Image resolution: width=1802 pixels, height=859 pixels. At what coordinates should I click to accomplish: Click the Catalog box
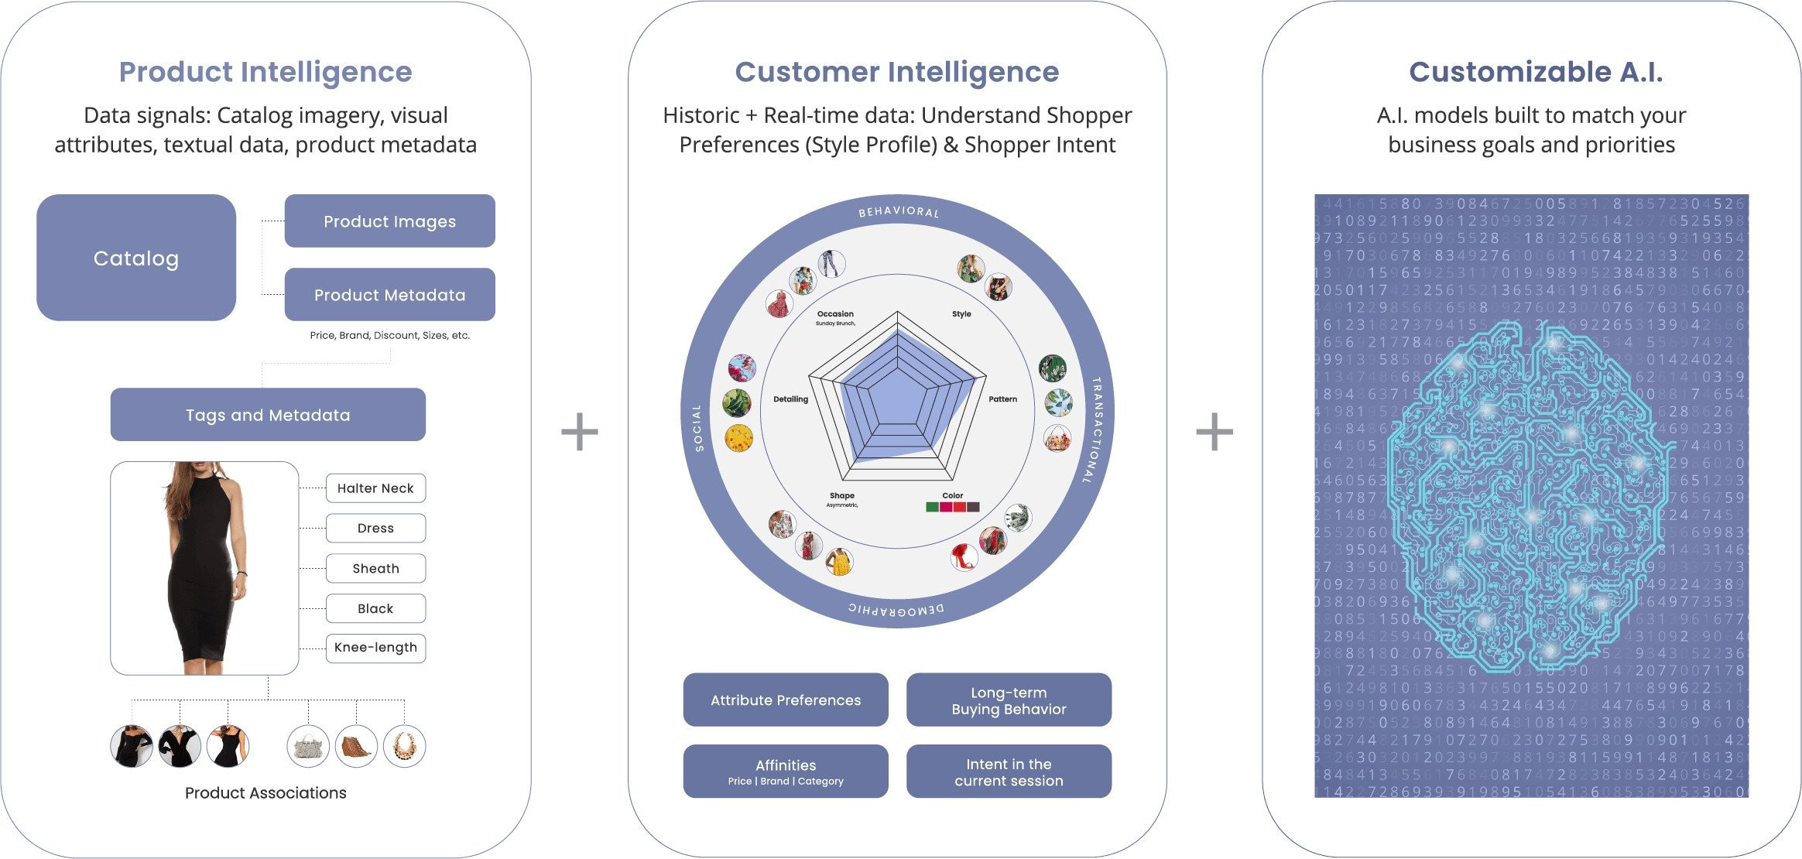pos(136,258)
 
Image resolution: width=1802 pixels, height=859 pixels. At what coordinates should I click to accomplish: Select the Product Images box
pos(389,221)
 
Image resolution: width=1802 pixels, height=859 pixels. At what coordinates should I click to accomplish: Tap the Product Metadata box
pos(389,295)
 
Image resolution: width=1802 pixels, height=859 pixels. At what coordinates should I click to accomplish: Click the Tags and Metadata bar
pos(268,415)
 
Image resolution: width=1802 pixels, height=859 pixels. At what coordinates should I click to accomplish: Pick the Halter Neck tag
pos(375,488)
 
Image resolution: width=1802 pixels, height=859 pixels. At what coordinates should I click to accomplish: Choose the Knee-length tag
pos(375,648)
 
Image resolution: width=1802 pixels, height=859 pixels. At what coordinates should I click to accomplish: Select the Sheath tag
pos(375,568)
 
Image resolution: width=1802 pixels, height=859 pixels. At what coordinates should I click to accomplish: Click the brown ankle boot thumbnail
pos(356,746)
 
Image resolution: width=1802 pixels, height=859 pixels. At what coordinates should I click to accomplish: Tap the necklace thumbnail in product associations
pos(404,746)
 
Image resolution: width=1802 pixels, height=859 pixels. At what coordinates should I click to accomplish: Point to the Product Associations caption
pos(266,792)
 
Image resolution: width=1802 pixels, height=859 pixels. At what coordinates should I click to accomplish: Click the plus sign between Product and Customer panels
pos(580,432)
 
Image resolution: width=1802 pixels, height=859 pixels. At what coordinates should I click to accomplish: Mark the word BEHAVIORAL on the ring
pos(898,211)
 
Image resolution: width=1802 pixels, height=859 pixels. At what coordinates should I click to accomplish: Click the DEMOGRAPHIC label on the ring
pos(896,610)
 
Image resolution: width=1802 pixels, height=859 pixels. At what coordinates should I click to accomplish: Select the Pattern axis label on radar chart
pos(1002,399)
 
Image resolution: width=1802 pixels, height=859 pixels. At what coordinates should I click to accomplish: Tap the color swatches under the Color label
pos(952,507)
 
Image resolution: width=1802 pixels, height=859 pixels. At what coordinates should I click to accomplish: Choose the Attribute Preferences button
pos(786,700)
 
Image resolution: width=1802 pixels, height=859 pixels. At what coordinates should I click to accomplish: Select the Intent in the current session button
pos(1009,772)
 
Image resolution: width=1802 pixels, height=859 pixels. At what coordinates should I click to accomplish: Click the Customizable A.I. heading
pos(1535,72)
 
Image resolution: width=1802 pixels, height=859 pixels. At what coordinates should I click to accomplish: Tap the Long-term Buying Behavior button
pos(1009,700)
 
